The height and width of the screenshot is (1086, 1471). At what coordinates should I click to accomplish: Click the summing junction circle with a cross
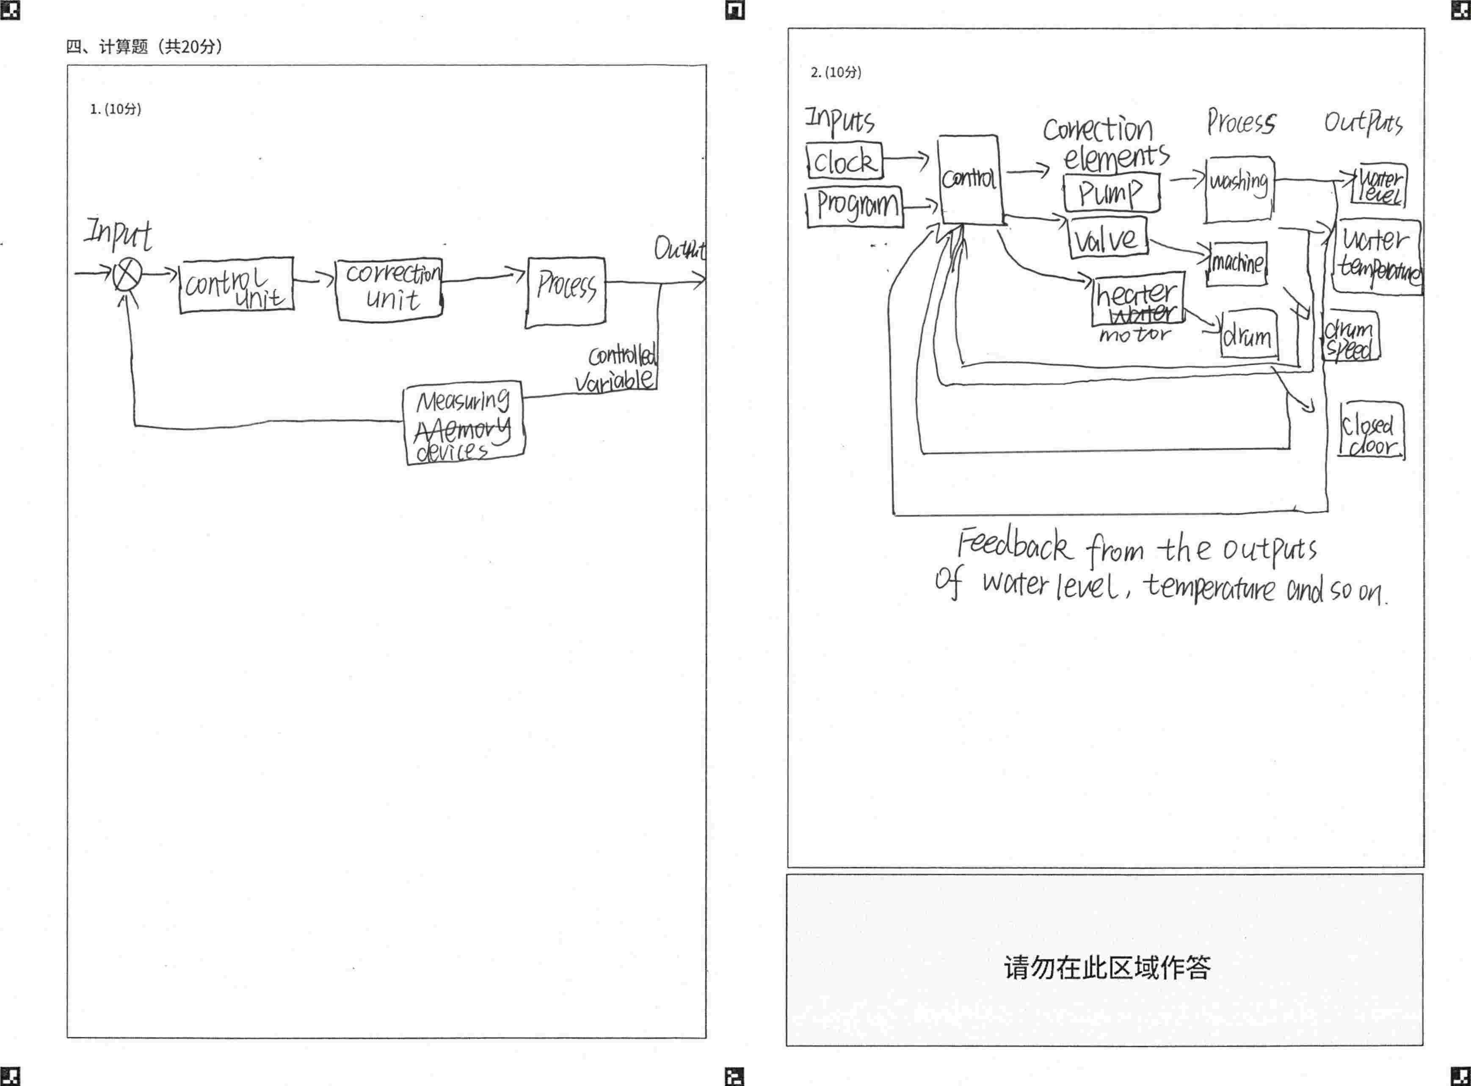click(x=127, y=274)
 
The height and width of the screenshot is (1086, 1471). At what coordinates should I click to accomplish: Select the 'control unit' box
click(x=236, y=285)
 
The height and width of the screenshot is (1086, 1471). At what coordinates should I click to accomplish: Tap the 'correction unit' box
click(x=389, y=289)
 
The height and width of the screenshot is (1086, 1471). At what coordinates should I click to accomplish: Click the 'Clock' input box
click(x=845, y=161)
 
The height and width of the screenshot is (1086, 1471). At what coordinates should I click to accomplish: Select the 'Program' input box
click(x=855, y=207)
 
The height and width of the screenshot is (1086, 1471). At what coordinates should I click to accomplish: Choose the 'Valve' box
click(x=1107, y=237)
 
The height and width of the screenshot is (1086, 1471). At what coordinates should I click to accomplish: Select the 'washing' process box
click(x=1239, y=189)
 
